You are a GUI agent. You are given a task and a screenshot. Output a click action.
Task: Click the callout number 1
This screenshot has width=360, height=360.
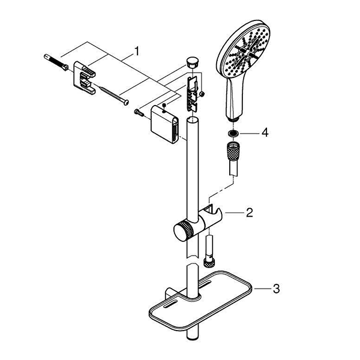coord(137,51)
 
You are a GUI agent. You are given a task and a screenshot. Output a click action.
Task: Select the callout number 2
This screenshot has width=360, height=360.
coord(250,212)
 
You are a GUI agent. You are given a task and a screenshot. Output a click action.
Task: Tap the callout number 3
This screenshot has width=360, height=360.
coord(276,289)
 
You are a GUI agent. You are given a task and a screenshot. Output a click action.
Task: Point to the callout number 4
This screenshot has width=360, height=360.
coord(265,133)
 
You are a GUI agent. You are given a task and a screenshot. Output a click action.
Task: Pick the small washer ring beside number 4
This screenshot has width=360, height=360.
coord(233,133)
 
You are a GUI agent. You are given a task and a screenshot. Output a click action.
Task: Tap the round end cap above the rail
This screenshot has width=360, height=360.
coord(193,62)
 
